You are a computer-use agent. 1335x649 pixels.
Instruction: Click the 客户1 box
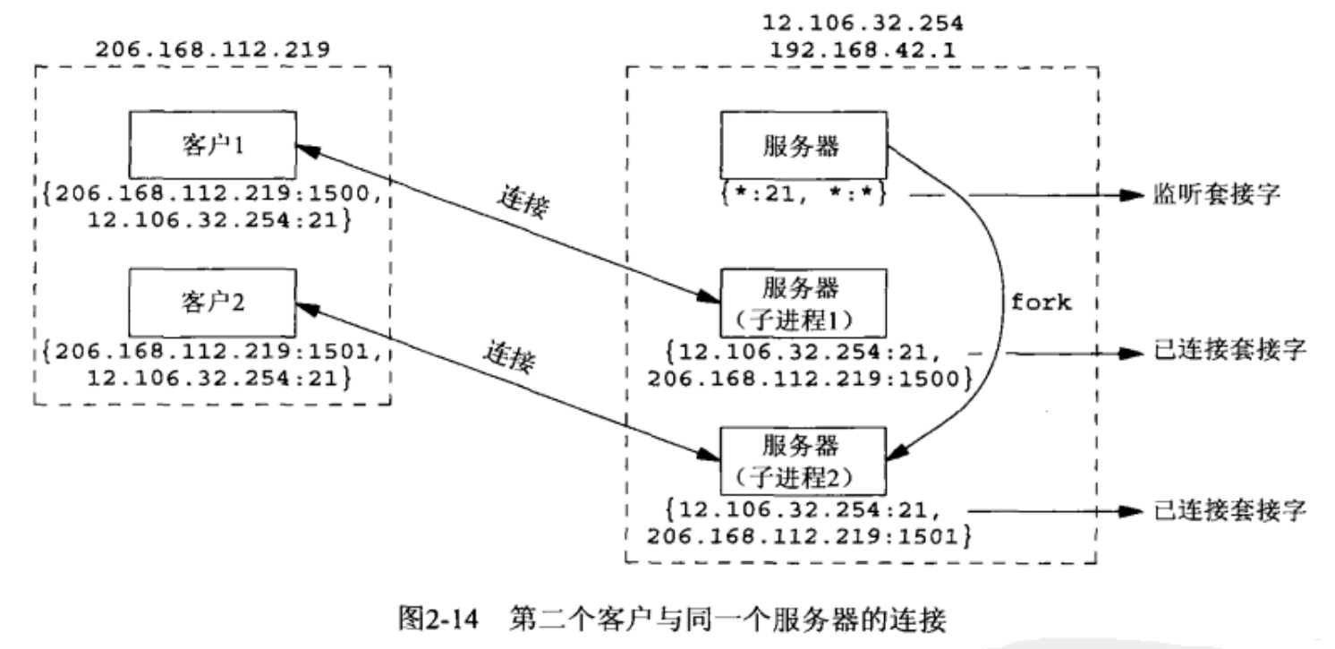tap(212, 144)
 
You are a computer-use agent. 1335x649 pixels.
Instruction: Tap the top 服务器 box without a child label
tap(802, 145)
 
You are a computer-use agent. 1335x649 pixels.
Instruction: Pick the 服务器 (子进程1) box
tap(802, 303)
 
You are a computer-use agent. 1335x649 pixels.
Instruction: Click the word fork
tap(1041, 302)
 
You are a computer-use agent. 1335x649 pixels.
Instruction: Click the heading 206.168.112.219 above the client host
tap(211, 49)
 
